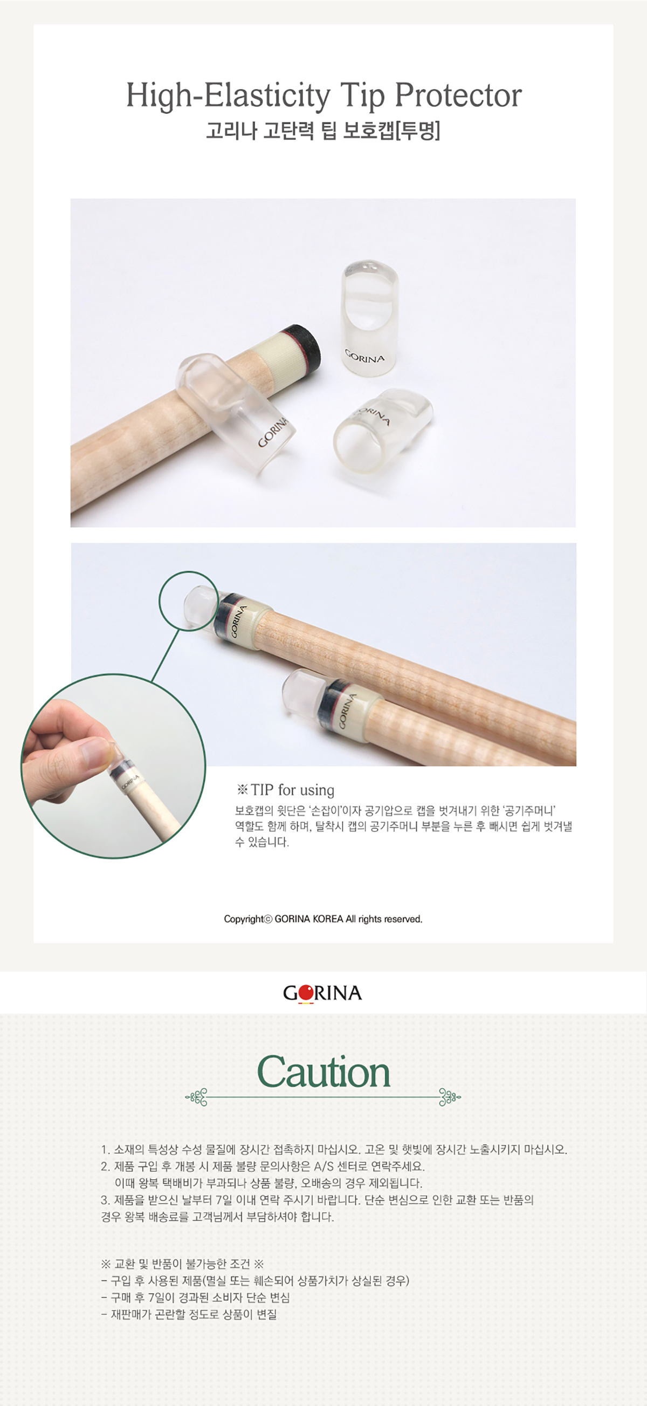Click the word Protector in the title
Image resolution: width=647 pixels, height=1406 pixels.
click(458, 96)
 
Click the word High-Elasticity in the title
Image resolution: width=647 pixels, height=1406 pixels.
click(228, 96)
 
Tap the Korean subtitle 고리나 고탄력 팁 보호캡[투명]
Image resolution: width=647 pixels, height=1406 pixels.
click(323, 132)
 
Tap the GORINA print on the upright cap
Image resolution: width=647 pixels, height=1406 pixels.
click(364, 356)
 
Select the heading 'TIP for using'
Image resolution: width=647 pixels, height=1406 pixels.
click(285, 790)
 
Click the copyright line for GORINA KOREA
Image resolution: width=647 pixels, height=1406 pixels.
click(323, 919)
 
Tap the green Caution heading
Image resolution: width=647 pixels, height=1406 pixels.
click(323, 1072)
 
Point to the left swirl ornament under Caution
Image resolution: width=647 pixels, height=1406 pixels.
click(196, 1096)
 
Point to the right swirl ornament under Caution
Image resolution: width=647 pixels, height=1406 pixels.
click(450, 1096)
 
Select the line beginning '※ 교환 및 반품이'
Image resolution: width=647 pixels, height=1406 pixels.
click(182, 1264)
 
